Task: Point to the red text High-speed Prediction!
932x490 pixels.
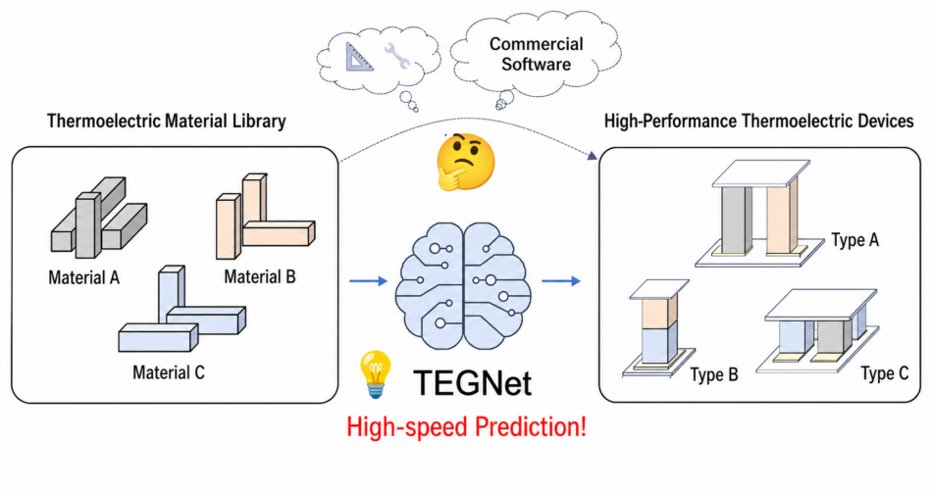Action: (x=467, y=427)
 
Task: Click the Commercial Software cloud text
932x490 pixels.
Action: (x=536, y=55)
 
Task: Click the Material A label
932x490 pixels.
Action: (x=83, y=277)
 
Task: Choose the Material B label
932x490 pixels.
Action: (x=260, y=277)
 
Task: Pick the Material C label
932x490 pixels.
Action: (x=169, y=372)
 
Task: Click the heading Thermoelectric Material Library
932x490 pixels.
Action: (x=166, y=122)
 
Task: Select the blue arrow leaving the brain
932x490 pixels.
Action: (x=560, y=282)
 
